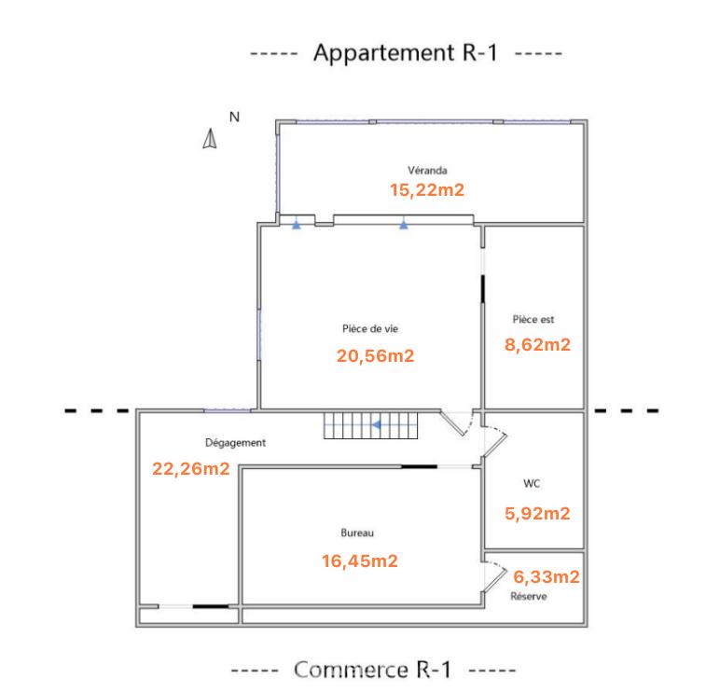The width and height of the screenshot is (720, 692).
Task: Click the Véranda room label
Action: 427,171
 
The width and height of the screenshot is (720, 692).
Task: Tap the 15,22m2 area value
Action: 427,189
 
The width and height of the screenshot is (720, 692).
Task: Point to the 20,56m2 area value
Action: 375,355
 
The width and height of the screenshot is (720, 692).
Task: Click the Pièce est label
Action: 533,319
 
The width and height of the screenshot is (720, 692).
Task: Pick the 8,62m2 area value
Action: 537,344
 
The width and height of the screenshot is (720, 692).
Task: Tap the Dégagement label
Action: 235,443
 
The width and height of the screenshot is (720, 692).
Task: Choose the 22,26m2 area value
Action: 190,468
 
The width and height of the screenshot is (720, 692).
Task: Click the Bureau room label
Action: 357,533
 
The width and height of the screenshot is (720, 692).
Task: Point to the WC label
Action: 533,484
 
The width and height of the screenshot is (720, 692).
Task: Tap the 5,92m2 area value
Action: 537,513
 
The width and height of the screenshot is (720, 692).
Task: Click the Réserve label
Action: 529,596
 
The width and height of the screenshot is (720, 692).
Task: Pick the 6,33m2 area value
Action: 546,577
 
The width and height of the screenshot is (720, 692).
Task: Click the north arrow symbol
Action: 211,139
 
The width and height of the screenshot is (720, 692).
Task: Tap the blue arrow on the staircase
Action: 377,426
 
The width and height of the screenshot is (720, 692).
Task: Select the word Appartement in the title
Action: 383,52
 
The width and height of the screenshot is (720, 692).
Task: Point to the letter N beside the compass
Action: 235,117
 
